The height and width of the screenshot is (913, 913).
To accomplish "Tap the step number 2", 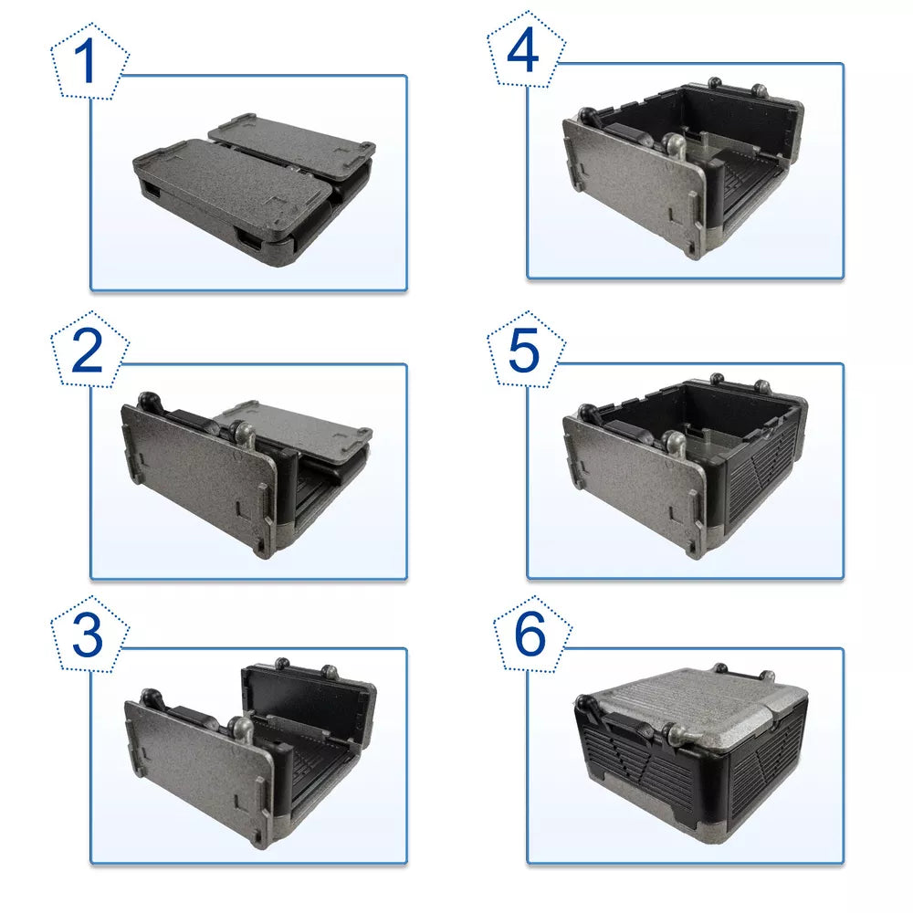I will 88,352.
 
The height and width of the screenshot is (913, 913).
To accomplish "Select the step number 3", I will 88,636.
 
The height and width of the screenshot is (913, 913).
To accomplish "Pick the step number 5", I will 524,352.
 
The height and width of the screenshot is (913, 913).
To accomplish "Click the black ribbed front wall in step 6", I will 657,771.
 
